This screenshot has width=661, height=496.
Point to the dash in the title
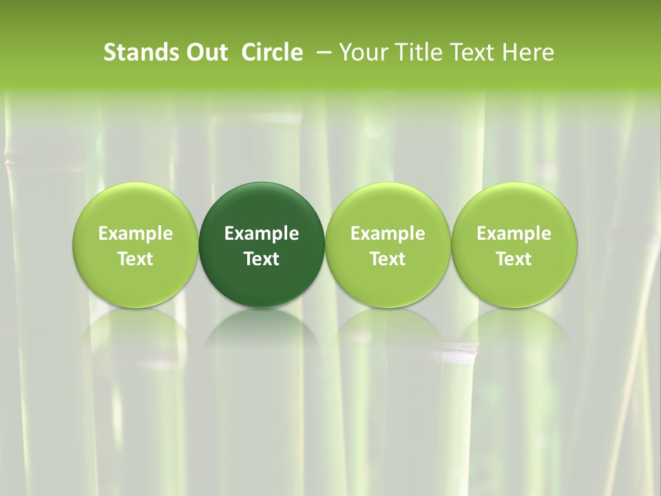pos(320,52)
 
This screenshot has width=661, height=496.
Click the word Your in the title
pos(361,52)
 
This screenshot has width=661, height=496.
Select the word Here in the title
pos(529,52)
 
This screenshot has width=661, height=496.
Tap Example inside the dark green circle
pos(262,234)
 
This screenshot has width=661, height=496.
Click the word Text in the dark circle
pos(262,259)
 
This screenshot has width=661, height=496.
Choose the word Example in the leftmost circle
pos(136,234)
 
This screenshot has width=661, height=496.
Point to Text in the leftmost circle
pos(136,259)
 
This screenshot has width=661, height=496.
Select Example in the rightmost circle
pos(514,234)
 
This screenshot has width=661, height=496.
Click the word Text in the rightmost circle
pos(514,259)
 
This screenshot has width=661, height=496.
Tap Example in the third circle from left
pos(388,234)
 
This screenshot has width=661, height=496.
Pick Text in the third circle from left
pos(388,259)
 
